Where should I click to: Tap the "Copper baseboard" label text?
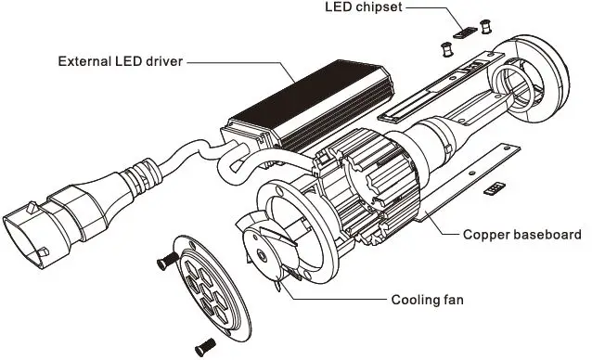(x=522, y=235)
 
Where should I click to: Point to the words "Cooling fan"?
(x=428, y=300)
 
